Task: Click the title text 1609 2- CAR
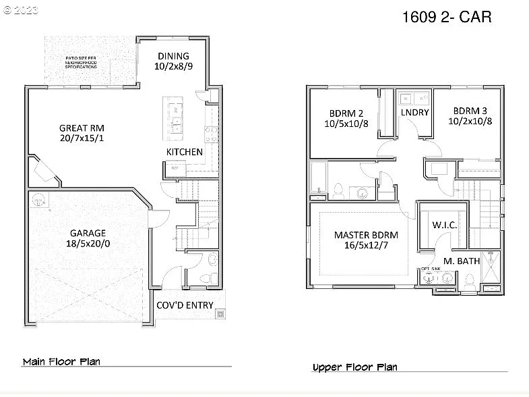(446, 17)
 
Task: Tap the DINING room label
(173, 56)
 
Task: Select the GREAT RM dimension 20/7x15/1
(82, 138)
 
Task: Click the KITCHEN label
(184, 152)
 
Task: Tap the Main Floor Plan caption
(61, 361)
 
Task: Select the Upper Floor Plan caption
(354, 367)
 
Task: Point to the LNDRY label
(414, 112)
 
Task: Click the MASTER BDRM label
(366, 235)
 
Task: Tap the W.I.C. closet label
(445, 225)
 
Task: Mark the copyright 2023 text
(22, 11)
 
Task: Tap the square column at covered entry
(219, 314)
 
